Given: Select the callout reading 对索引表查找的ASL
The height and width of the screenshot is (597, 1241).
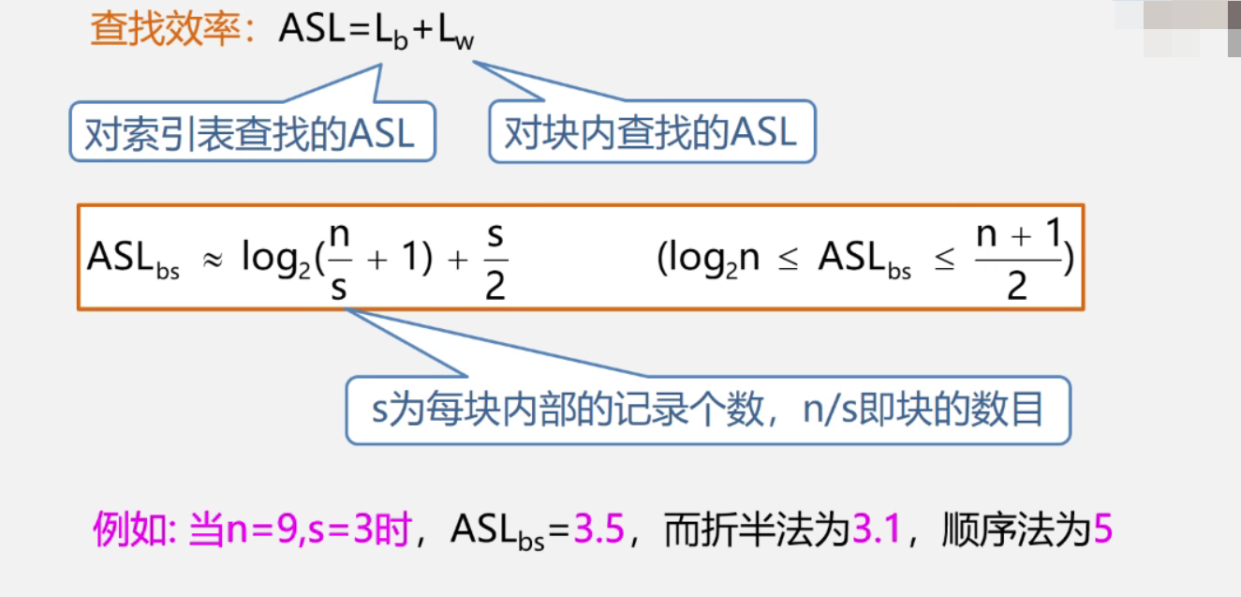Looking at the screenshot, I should click(251, 132).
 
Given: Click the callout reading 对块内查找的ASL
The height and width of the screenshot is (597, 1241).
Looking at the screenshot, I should click(652, 132).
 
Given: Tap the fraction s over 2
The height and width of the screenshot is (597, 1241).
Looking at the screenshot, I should click(495, 258).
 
